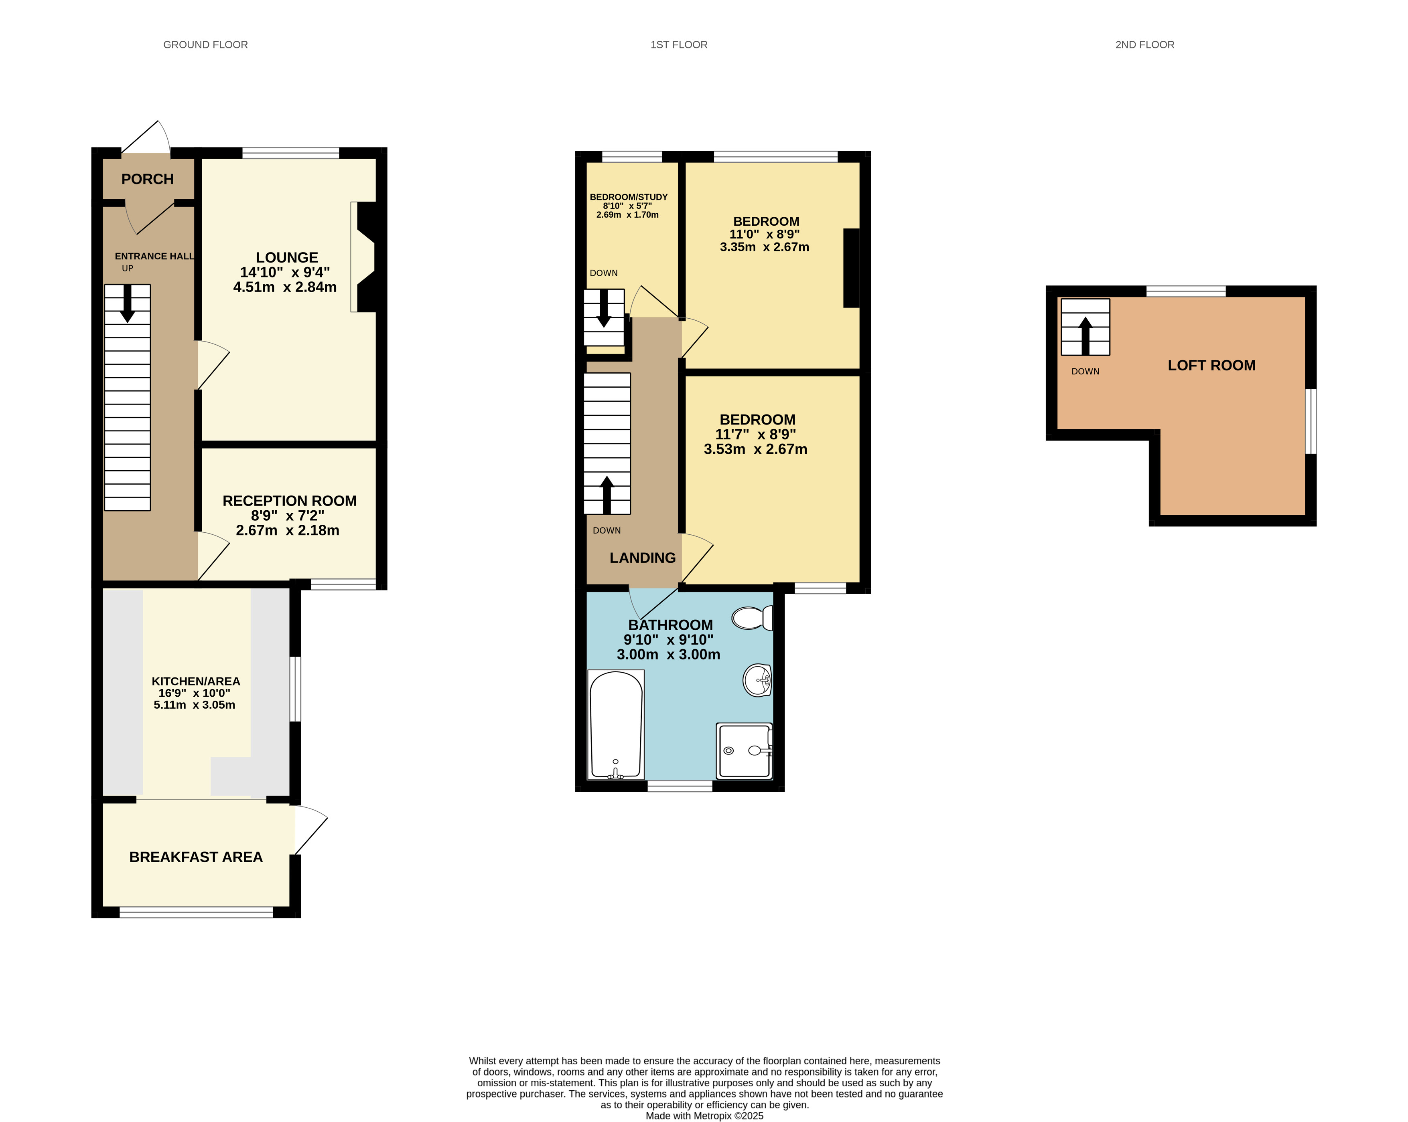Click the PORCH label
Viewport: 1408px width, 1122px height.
point(148,179)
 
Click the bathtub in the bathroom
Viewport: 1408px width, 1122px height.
point(616,724)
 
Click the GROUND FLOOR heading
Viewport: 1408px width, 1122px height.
point(205,44)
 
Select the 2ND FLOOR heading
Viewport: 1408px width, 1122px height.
point(1144,44)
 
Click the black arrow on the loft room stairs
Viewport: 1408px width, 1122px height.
point(1085,335)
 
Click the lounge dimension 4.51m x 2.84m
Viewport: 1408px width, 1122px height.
point(285,287)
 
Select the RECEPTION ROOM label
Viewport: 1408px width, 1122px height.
point(289,501)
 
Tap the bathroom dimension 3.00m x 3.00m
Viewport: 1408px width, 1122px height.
point(668,655)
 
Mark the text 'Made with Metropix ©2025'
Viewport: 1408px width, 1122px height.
point(704,1116)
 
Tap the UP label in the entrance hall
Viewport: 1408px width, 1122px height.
point(127,268)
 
